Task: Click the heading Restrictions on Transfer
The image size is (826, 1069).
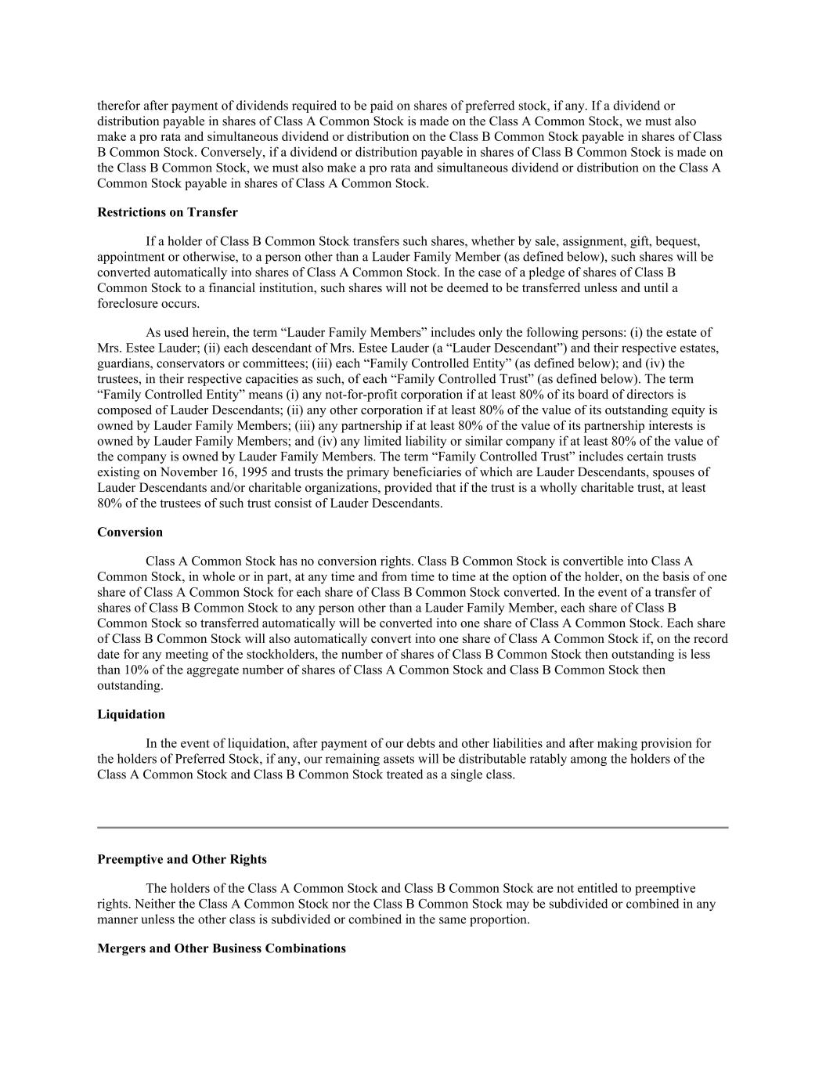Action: pos(168,212)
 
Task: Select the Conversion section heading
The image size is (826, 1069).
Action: pos(130,532)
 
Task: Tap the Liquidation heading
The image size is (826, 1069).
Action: pos(131,714)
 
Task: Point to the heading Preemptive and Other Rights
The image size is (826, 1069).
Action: pos(182,859)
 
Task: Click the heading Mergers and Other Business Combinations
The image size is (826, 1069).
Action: pos(222,948)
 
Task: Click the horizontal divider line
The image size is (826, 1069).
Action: pos(413,827)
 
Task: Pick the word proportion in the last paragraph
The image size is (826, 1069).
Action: pos(496,919)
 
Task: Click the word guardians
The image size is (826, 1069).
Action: pos(124,363)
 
